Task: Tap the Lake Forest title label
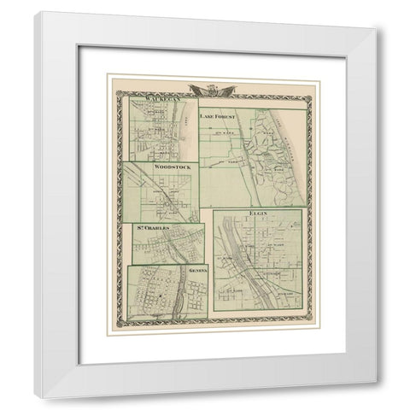220,113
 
